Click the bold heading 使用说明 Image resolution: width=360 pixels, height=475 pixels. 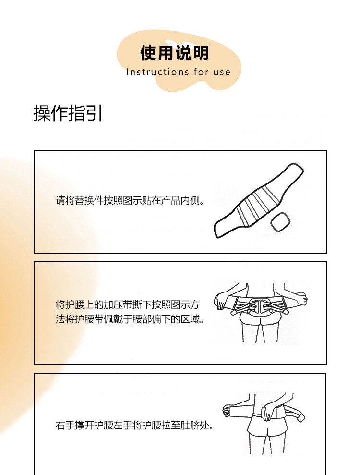[174, 53]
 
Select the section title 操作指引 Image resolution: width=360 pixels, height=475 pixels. [68, 114]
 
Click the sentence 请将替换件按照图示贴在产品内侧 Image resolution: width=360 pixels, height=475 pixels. [130, 200]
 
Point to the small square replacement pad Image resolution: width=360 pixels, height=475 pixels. [280, 222]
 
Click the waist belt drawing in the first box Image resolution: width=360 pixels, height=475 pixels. [258, 200]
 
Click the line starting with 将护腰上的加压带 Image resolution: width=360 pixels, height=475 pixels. [128, 304]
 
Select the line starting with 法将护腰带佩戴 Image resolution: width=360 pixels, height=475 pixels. [130, 319]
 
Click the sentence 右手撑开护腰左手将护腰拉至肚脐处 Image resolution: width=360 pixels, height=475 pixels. [134, 426]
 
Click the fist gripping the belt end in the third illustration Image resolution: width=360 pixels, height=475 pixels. [228, 411]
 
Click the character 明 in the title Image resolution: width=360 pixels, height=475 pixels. [201, 53]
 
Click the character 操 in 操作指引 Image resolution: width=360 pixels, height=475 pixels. [42, 114]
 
